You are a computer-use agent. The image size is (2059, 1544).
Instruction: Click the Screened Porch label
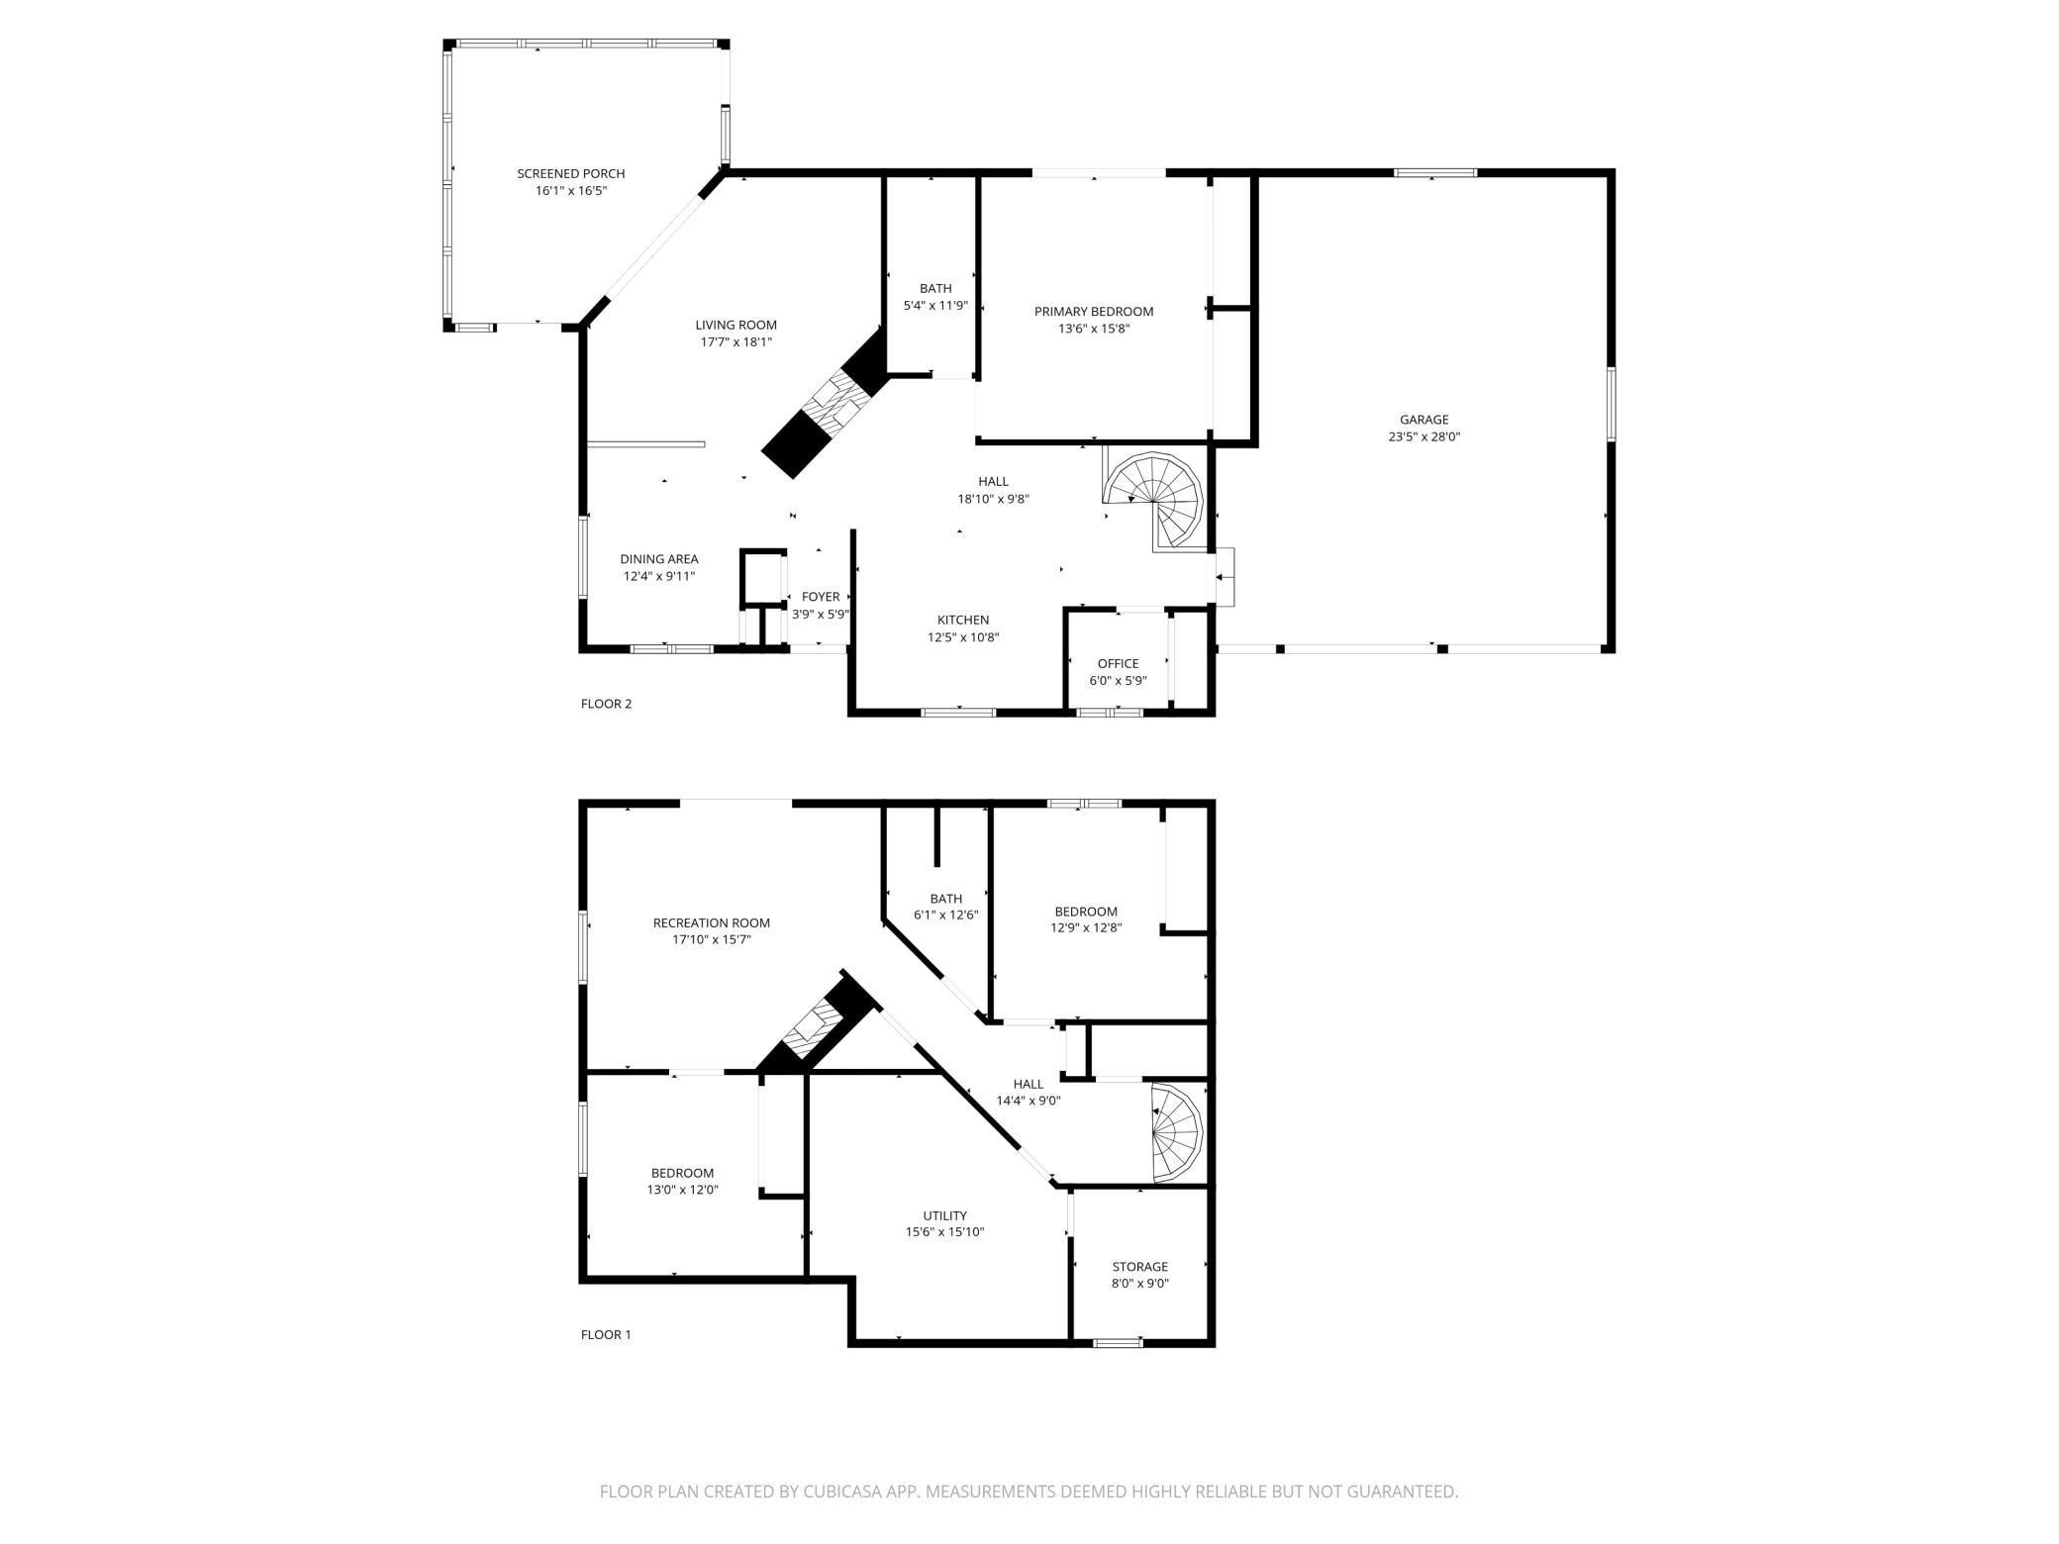pyautogui.click(x=570, y=173)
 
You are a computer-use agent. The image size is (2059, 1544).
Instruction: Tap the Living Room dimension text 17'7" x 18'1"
pyautogui.click(x=735, y=342)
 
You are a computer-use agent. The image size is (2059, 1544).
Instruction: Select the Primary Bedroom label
pyautogui.click(x=1093, y=311)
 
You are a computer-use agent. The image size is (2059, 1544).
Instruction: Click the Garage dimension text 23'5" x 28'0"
pyautogui.click(x=1423, y=436)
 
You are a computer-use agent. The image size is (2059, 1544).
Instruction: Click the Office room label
pyautogui.click(x=1118, y=663)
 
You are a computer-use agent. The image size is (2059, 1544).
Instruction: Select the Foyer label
pyautogui.click(x=820, y=596)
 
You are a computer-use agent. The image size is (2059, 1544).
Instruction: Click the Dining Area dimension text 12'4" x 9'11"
pyautogui.click(x=658, y=576)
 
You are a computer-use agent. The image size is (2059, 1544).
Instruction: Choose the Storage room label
pyautogui.click(x=1139, y=1266)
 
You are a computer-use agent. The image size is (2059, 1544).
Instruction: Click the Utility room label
pyautogui.click(x=944, y=1215)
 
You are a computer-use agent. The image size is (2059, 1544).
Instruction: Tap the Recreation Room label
pyautogui.click(x=711, y=922)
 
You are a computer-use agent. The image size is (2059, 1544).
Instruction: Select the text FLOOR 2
pyautogui.click(x=606, y=704)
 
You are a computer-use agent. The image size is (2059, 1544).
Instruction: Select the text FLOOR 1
pyautogui.click(x=606, y=1334)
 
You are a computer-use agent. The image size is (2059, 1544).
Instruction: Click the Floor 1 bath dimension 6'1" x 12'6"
pyautogui.click(x=944, y=916)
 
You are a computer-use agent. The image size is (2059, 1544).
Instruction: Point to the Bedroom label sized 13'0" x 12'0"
pyautogui.click(x=682, y=1173)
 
